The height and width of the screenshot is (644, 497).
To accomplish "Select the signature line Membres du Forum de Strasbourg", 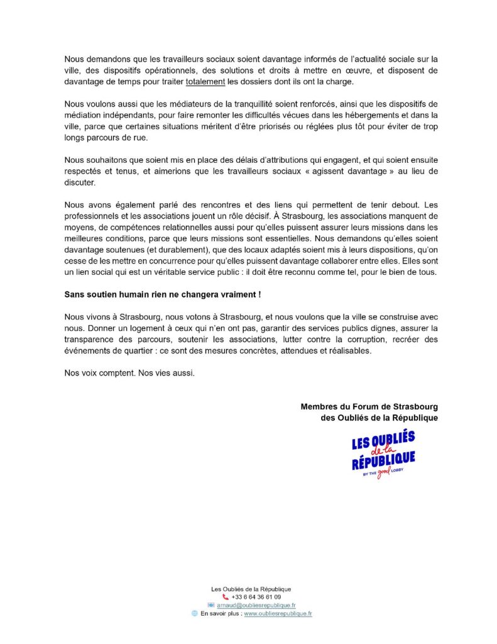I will (x=369, y=407).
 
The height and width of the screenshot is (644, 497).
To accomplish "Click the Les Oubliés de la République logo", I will (x=383, y=454).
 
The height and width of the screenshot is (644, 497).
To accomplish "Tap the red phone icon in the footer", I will (x=226, y=597).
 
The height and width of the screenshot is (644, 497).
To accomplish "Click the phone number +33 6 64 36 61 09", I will (x=256, y=597).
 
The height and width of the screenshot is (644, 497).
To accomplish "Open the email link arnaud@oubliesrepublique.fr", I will (x=256, y=605).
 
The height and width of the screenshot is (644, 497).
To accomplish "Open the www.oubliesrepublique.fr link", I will (x=278, y=613).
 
